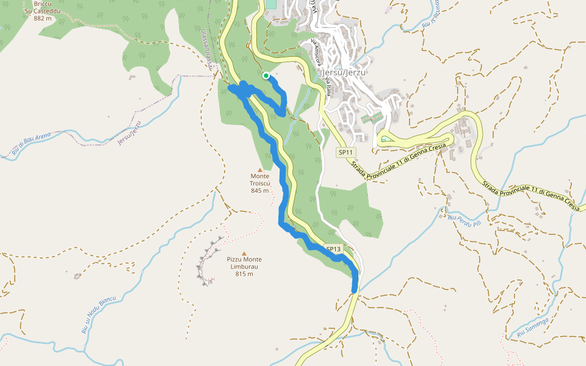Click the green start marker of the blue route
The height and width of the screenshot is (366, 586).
266,76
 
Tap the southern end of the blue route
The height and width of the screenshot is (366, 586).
355,289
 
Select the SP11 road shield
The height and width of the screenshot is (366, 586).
345,152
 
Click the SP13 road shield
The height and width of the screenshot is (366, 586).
333,249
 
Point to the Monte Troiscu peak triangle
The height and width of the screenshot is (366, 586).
260,170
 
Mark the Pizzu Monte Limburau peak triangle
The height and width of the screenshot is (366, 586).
244,253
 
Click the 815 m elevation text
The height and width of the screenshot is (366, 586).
244,274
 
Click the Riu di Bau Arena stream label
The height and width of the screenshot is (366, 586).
31,145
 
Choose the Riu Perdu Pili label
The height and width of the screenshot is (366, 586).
461,221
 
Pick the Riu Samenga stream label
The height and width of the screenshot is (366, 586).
533,328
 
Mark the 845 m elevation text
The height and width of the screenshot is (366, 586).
259,190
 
